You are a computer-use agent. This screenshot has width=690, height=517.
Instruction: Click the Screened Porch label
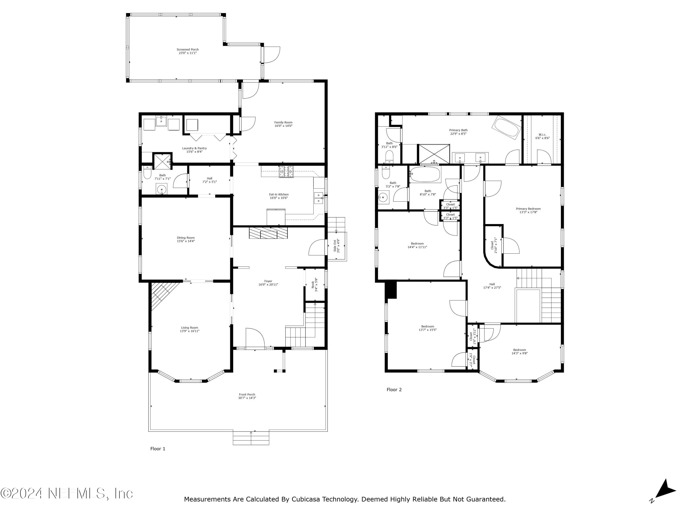(187, 50)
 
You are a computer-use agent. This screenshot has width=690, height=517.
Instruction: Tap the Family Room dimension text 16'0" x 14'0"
(283, 126)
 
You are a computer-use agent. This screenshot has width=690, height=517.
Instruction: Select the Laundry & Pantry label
(194, 148)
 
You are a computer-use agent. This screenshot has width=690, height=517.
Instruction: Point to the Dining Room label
(186, 238)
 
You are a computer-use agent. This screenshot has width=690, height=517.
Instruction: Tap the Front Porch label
(247, 395)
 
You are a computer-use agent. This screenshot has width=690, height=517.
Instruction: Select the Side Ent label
(335, 246)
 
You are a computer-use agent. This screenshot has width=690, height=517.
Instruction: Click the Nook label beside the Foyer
(313, 284)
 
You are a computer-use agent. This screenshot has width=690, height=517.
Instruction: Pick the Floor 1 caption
(158, 449)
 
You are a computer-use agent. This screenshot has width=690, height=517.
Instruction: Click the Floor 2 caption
(394, 389)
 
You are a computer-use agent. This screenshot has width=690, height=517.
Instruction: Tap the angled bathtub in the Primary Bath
(506, 128)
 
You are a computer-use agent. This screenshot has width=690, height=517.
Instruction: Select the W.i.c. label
(542, 135)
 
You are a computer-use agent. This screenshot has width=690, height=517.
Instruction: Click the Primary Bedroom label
(528, 209)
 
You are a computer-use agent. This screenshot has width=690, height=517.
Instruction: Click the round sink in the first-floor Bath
(162, 189)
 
